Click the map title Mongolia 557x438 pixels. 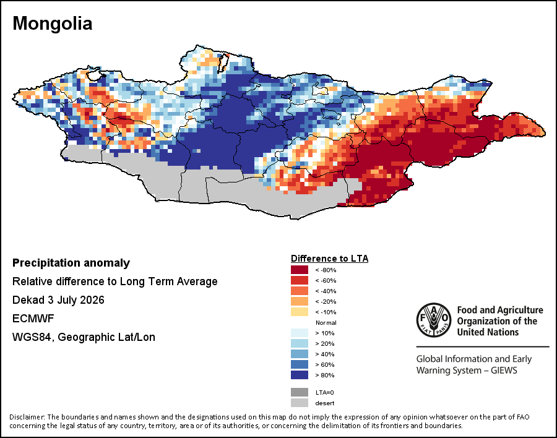pos(52,24)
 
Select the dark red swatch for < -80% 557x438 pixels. pos(300,270)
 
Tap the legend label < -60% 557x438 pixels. pos(326,281)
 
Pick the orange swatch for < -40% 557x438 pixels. pos(300,291)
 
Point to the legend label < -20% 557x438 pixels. pos(326,302)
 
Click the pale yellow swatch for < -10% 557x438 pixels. pos(300,312)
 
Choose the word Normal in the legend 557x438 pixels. pos(326,322)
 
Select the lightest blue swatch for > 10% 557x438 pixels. pos(300,333)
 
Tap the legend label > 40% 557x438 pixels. pos(325,354)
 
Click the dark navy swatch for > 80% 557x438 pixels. pos(300,375)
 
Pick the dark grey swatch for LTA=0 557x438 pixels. pos(300,392)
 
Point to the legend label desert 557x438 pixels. pos(325,403)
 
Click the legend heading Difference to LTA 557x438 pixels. pos(329,259)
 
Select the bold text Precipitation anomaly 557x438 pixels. pos(71,263)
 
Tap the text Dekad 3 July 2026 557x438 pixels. pos(58,300)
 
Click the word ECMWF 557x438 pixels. pos(33,318)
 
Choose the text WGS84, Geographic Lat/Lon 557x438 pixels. pos(84,337)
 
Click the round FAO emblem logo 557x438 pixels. pos(434,320)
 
